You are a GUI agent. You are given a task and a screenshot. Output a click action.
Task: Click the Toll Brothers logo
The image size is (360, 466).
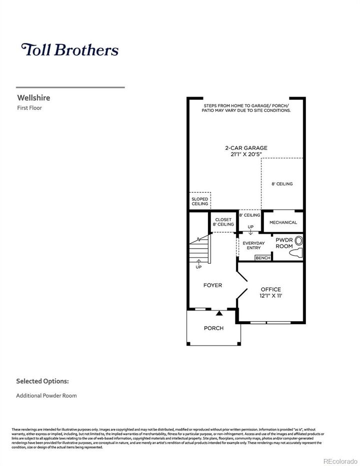(x=69, y=50)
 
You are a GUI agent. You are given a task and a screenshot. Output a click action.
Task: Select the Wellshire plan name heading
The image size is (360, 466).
(x=33, y=98)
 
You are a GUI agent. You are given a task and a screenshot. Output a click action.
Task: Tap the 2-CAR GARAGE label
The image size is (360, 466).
(x=245, y=148)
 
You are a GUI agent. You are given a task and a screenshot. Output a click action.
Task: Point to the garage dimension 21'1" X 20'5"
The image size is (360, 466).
(x=245, y=154)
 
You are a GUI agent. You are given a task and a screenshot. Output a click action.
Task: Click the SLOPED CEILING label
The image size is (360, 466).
(x=199, y=201)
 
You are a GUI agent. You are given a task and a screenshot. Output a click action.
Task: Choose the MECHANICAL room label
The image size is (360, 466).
(x=283, y=222)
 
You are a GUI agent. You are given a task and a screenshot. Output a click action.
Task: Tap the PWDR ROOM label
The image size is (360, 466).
(x=284, y=243)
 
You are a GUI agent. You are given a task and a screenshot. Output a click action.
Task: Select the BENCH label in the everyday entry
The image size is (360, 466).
(x=262, y=258)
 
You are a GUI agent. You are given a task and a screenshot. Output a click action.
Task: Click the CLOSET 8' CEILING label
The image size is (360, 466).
(x=223, y=222)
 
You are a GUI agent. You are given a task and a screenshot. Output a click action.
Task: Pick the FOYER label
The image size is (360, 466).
(x=212, y=286)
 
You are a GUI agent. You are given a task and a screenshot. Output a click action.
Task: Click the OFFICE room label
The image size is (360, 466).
(x=270, y=289)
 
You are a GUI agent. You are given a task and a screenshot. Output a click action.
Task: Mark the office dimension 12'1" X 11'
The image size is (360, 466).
(x=270, y=296)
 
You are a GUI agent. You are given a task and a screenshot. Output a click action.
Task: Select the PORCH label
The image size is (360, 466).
(x=213, y=328)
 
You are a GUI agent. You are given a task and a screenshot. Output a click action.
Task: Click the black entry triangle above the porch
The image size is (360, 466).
(x=219, y=314)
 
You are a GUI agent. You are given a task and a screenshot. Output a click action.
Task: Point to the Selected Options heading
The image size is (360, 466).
(x=42, y=381)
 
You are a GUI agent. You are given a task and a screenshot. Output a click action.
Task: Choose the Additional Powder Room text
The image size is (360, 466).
(x=46, y=396)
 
